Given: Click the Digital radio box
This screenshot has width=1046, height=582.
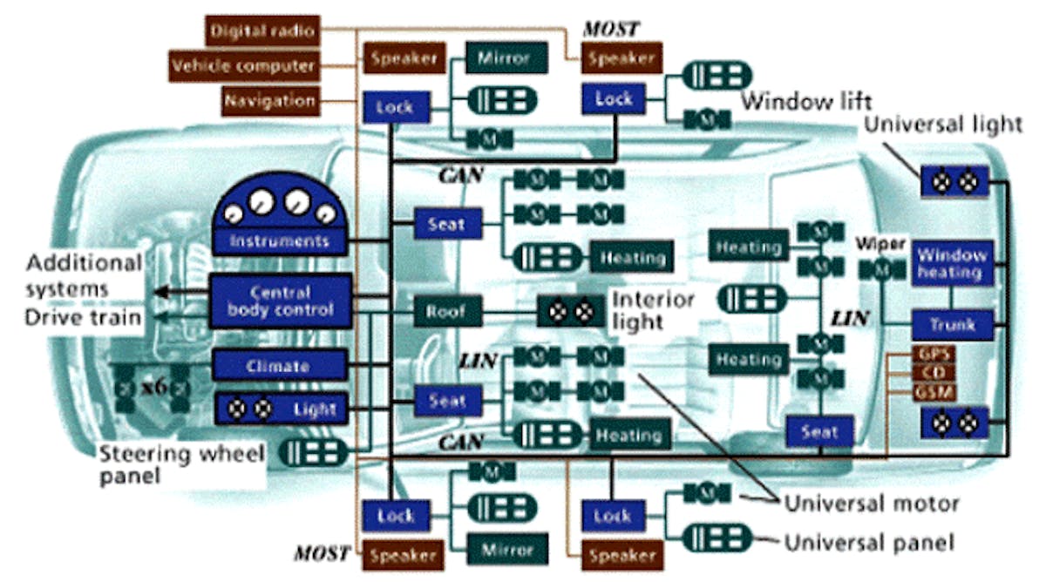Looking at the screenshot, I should [261, 31].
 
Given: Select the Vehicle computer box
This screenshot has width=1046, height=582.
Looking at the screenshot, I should [243, 65].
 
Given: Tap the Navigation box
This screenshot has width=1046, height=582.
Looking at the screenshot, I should [269, 100].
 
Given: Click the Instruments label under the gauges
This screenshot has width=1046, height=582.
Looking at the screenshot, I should [279, 240].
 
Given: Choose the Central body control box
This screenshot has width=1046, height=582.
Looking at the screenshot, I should [280, 301].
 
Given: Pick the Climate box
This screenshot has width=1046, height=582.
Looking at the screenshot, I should [280, 366].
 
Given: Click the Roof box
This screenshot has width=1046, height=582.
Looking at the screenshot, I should [446, 311].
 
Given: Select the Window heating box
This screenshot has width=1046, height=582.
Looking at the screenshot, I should [952, 264].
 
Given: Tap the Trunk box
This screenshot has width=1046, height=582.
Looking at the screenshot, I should [952, 325].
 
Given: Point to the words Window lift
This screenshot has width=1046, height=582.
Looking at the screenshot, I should [806, 101].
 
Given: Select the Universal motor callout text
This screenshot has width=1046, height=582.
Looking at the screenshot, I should [872, 504].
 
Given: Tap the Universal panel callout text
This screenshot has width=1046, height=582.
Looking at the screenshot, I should [869, 543].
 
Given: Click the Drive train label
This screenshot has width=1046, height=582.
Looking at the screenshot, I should [83, 316].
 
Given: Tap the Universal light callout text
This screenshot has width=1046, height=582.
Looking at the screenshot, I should [942, 124].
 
